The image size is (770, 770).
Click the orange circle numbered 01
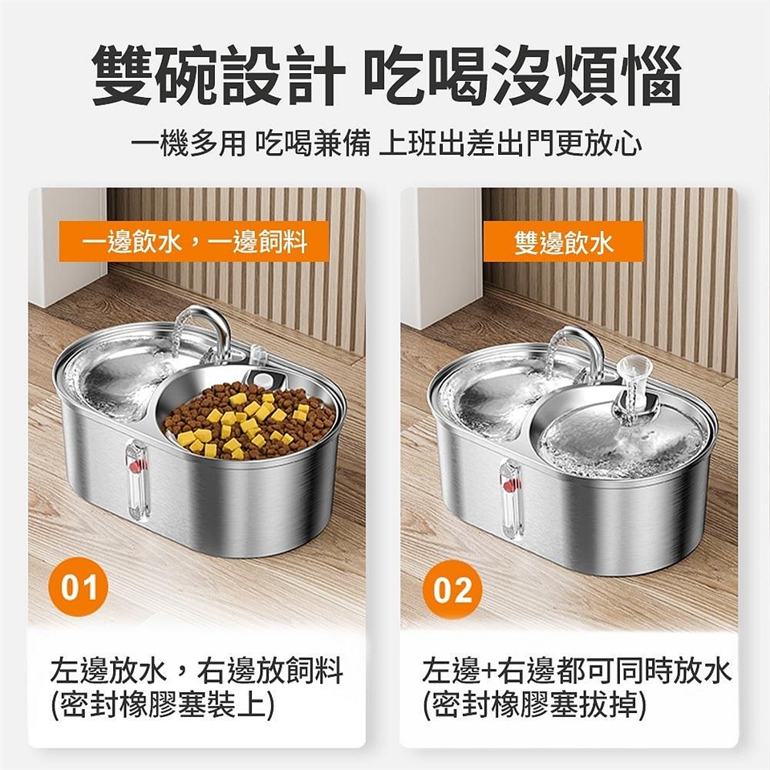pos(78,588)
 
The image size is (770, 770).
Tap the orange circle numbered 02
pos(452,590)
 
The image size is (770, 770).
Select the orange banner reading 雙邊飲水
pos(563,241)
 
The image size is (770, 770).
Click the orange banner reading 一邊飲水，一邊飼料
pos(194,241)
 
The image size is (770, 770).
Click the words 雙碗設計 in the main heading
pos(219,75)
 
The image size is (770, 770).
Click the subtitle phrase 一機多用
pos(189,144)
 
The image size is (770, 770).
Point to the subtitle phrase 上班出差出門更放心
pos(511,144)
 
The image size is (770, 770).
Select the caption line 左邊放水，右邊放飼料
pos(197,671)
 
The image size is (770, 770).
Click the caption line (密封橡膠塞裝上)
pos(163,706)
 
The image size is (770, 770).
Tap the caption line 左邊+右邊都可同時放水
pos(577,671)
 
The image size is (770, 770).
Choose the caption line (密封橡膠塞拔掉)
pos(535,706)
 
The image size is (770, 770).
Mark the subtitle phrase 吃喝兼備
pos(313,144)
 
